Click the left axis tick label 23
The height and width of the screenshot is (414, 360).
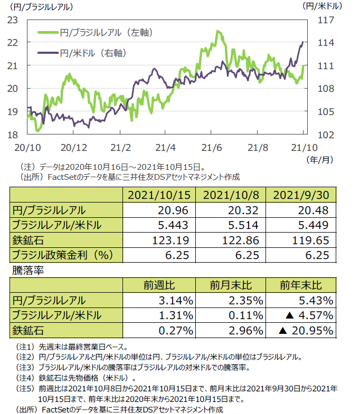[x=13, y=20]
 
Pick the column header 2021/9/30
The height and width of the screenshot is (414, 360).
[x=302, y=195]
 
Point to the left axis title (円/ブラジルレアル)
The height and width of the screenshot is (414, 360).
[x=39, y=7]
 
